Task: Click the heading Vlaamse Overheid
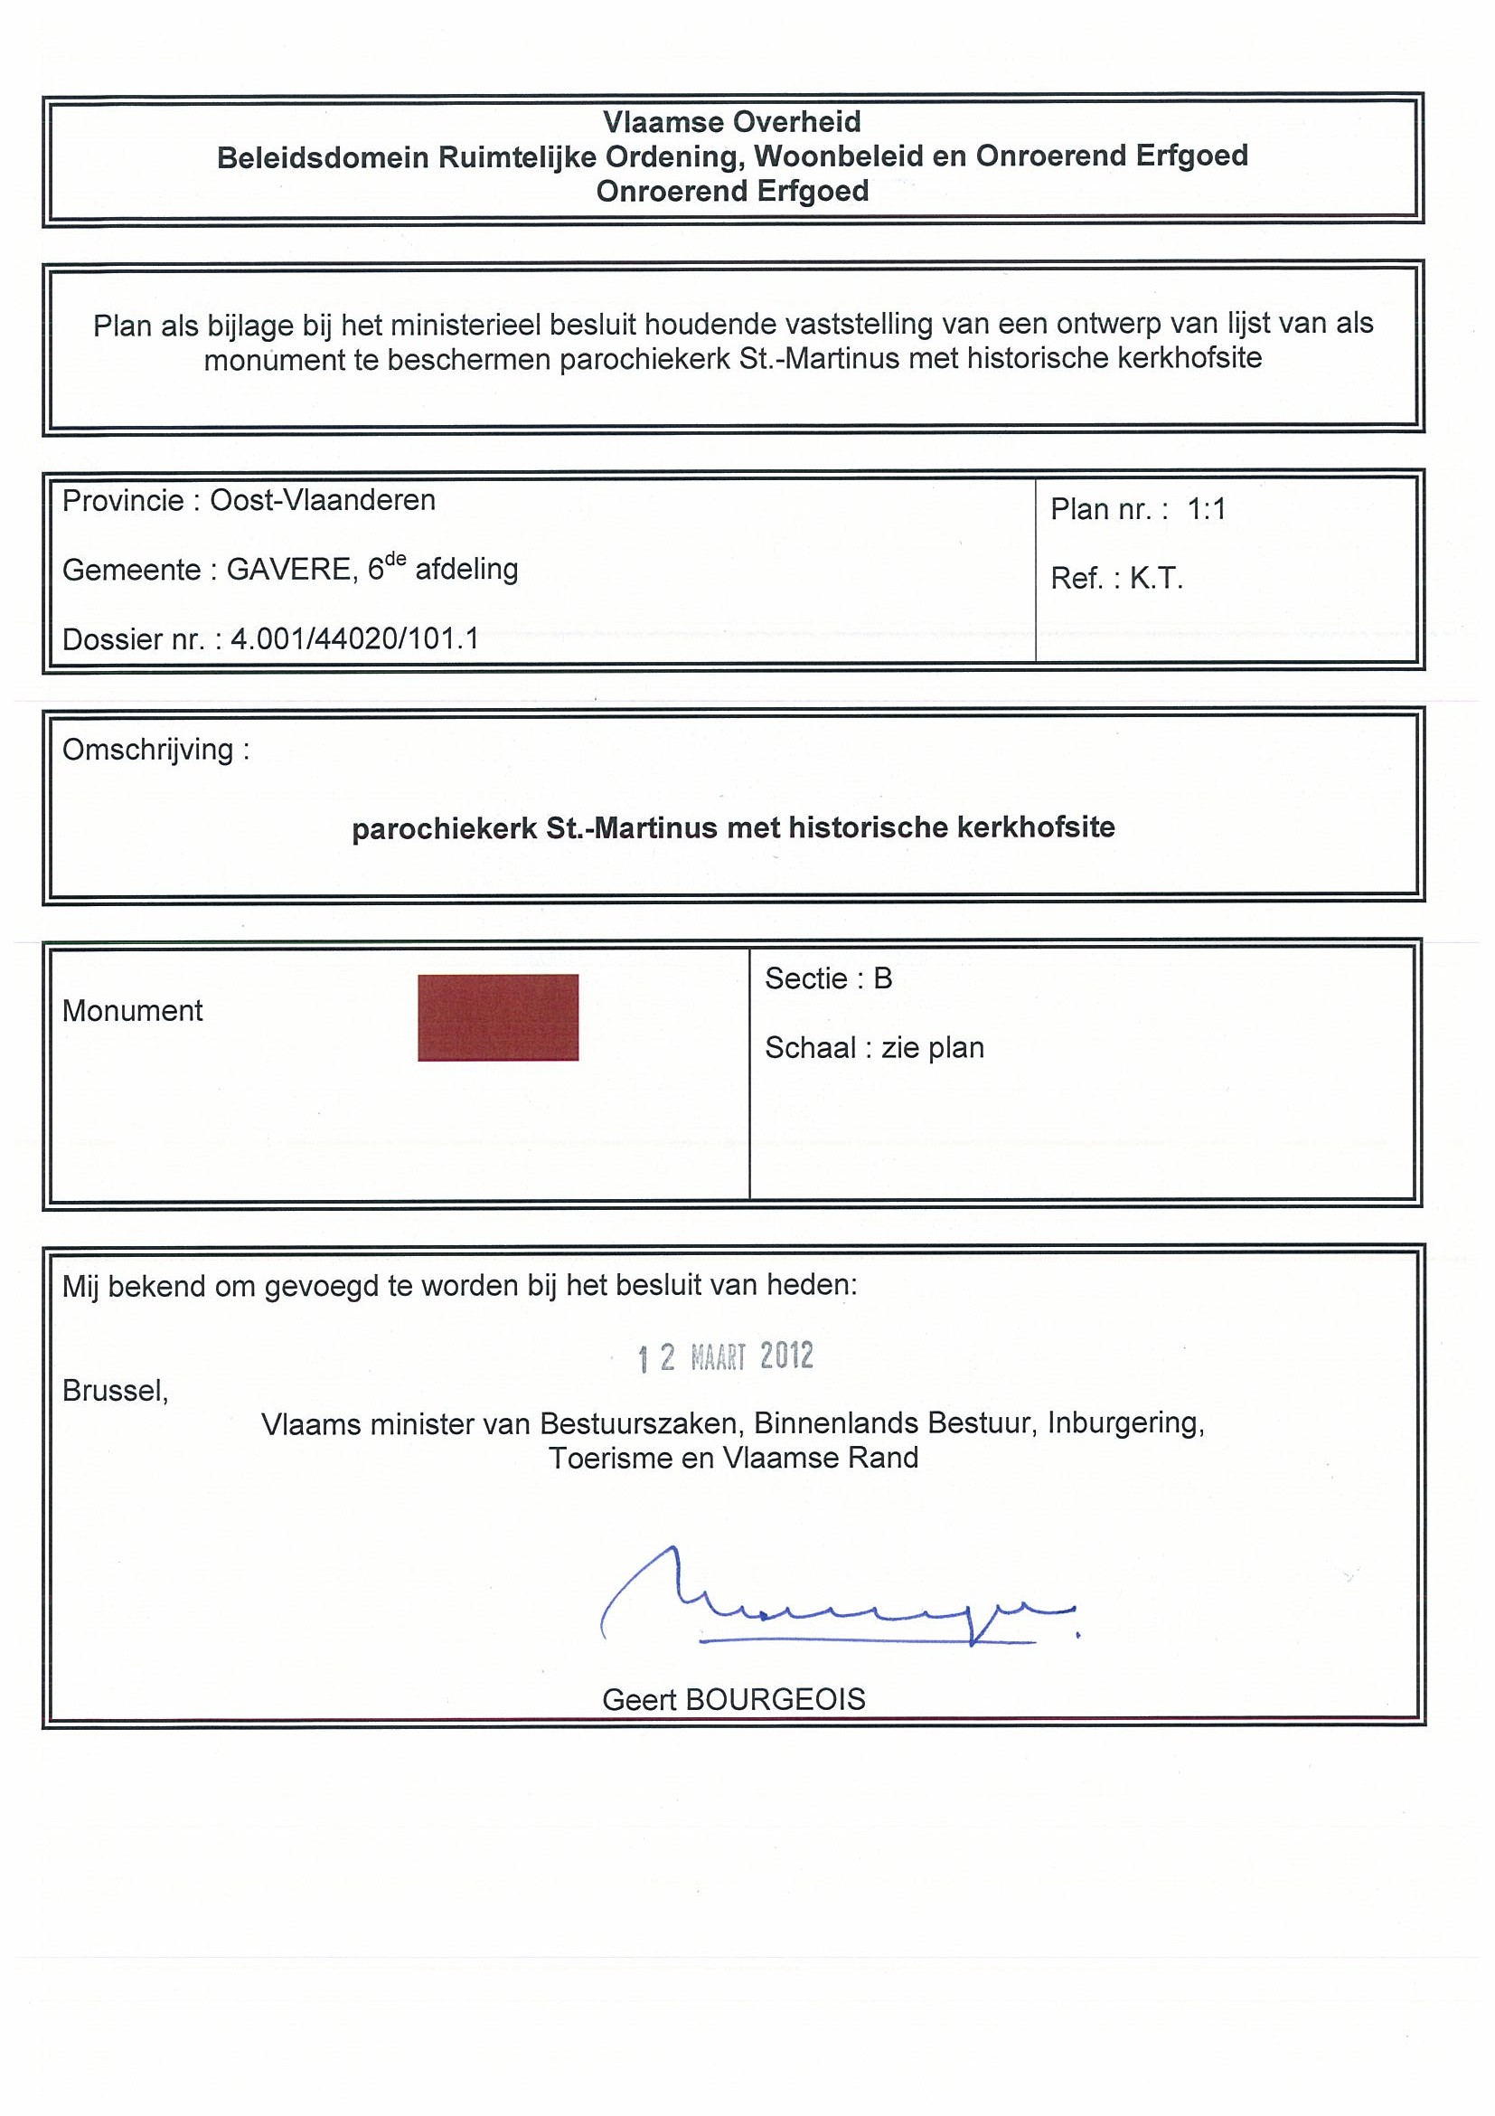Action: click(x=731, y=122)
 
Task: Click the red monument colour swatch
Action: click(x=497, y=1017)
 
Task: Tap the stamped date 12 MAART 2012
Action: click(x=726, y=1356)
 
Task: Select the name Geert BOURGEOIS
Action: click(x=733, y=1699)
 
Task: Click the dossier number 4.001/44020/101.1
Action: click(x=354, y=638)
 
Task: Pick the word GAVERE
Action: click(x=288, y=570)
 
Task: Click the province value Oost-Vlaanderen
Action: click(x=323, y=500)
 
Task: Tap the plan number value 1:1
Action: click(x=1207, y=509)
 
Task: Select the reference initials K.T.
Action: click(x=1156, y=579)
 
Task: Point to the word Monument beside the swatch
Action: click(x=133, y=1011)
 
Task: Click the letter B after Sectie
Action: click(x=882, y=978)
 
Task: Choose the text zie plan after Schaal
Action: click(x=932, y=1048)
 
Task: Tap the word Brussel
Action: click(x=115, y=1390)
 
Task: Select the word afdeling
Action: click(x=466, y=570)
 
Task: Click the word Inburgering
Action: click(x=1125, y=1423)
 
